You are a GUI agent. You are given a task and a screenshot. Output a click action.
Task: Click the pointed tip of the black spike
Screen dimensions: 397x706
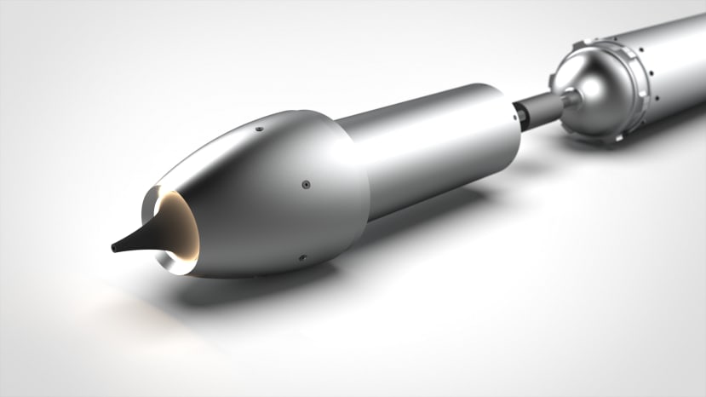pos(114,249)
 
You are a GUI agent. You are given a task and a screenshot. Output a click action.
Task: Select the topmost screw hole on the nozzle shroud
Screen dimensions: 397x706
pos(259,129)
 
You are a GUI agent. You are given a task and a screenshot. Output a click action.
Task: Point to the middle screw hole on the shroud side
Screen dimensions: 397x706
pos(304,183)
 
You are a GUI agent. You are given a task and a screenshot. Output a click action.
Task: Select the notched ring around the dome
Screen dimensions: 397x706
pos(637,85)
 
